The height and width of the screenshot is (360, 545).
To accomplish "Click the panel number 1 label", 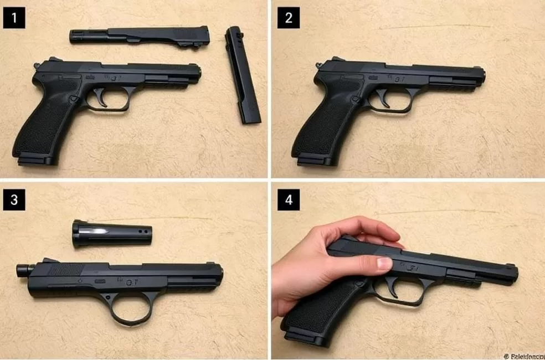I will pyautogui.click(x=14, y=19).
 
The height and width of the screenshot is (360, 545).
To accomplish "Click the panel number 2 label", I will pyautogui.click(x=289, y=18).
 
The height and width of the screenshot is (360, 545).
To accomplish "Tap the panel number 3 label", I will pyautogui.click(x=14, y=200).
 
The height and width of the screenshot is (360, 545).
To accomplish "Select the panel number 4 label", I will pyautogui.click(x=289, y=200).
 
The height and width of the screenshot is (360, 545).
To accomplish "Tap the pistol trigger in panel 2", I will pyautogui.click(x=384, y=99).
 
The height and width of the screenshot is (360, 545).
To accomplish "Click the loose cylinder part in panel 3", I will pyautogui.click(x=111, y=232).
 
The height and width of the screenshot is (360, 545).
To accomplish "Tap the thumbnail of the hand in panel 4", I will pyautogui.click(x=384, y=263).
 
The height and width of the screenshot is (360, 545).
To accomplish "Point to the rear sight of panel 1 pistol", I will pyautogui.click(x=37, y=66).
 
